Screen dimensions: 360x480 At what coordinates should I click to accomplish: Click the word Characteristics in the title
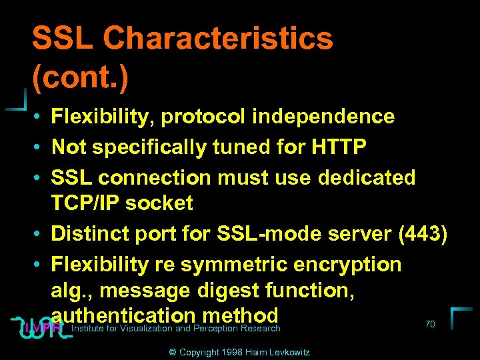coord(219,39)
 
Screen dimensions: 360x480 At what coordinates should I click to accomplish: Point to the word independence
coord(323,117)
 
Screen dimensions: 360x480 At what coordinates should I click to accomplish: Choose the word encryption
coord(347,265)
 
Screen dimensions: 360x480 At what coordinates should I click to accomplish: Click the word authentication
coord(123,315)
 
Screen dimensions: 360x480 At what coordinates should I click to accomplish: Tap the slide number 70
coord(430,324)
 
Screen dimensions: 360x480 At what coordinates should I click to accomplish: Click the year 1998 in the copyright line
coord(224,351)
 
